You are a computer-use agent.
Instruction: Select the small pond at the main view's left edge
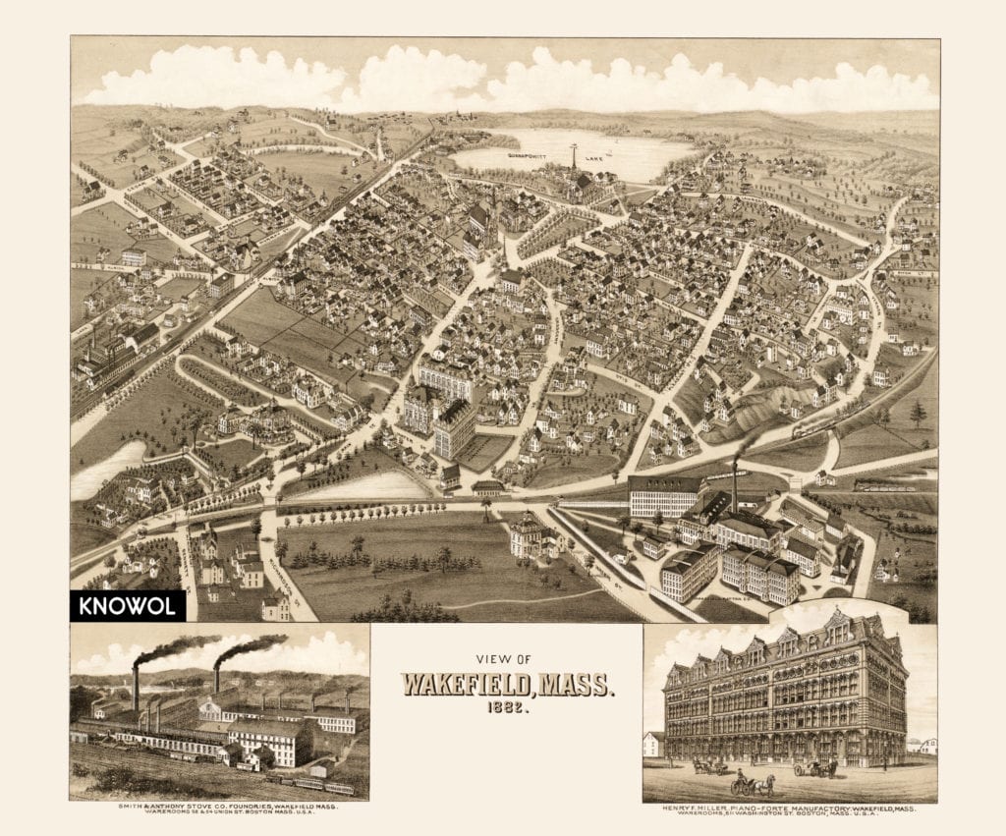pyautogui.click(x=106, y=468)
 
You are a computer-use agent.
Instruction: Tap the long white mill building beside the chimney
pyautogui.click(x=665, y=496)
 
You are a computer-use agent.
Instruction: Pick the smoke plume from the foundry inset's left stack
pyautogui.click(x=177, y=649)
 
